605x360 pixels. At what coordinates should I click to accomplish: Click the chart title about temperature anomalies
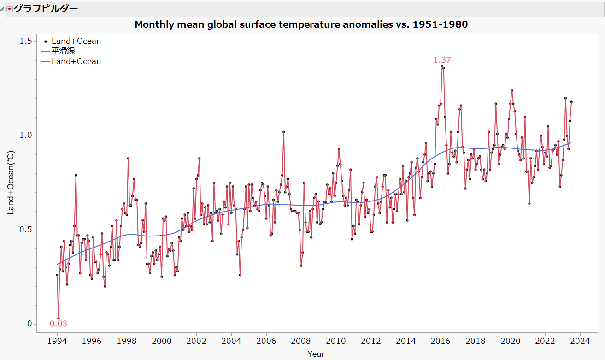point(301,24)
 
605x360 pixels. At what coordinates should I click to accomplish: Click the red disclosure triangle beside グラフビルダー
point(9,9)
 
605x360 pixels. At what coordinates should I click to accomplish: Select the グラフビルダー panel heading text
point(46,8)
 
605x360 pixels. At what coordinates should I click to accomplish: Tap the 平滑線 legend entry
point(63,51)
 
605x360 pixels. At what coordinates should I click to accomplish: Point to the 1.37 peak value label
point(442,59)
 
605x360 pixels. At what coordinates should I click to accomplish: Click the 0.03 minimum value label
point(59,324)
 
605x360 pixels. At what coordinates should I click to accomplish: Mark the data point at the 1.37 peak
point(442,66)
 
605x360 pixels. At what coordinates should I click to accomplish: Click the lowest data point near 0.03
point(59,318)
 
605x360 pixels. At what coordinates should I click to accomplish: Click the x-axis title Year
point(316,354)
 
